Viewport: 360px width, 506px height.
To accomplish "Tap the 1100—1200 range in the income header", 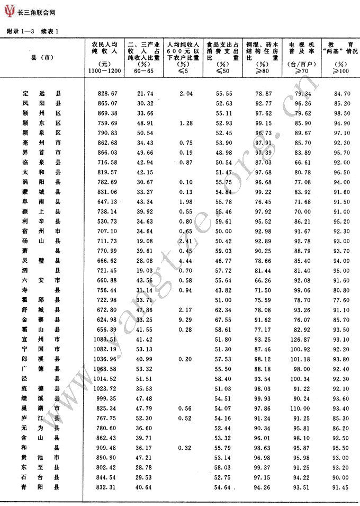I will (104, 70).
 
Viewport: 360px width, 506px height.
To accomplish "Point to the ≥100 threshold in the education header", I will (341, 70).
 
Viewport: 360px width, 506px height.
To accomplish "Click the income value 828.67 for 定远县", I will (107, 93).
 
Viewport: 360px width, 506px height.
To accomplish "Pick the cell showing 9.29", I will (185, 319).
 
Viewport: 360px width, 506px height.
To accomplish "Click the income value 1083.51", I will (106, 339).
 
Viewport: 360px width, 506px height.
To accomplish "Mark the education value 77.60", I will (342, 300).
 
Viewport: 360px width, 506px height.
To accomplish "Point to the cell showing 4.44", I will (185, 261).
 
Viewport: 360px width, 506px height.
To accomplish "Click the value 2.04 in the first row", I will (185, 93).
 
